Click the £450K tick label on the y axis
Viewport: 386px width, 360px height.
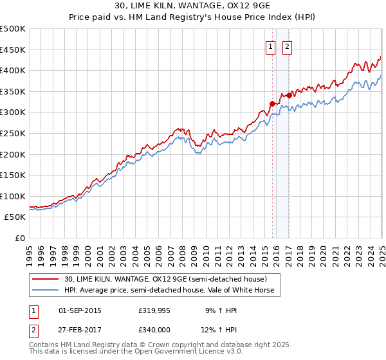pos(13,50)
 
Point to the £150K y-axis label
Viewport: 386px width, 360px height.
pos(13,175)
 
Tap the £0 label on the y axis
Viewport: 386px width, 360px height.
pos(20,238)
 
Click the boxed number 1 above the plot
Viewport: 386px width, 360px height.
pos(271,46)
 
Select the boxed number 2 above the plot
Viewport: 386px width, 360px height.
pos(286,46)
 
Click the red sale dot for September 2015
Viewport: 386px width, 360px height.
pos(272,104)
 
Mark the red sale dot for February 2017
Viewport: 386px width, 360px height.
pos(289,95)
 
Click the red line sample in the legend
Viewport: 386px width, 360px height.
pos(46,279)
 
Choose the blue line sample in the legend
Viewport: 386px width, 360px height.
pos(46,290)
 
